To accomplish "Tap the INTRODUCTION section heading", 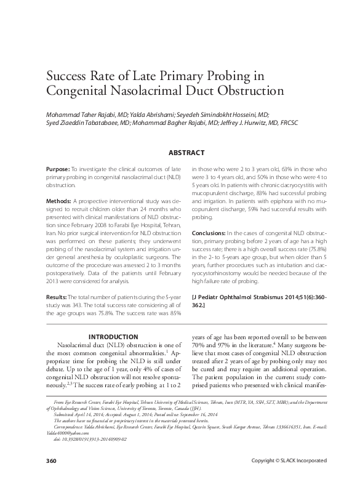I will coord(113,337).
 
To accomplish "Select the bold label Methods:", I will coord(58,201).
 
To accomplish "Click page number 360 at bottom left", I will coord(52,461).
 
